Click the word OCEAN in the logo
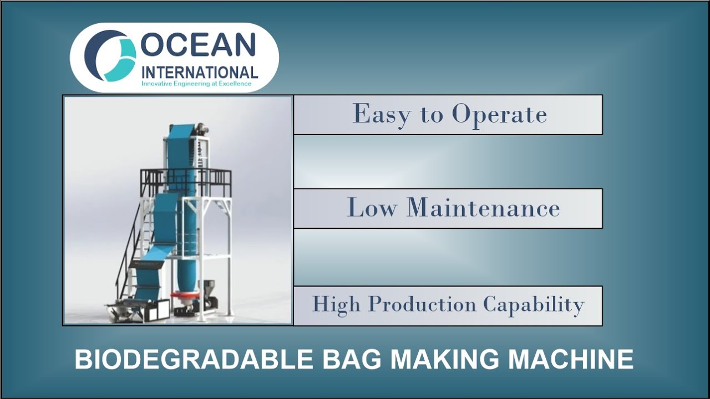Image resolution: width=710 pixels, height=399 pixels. pos(198,46)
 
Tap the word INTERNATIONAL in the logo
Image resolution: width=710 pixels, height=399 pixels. pos(200,73)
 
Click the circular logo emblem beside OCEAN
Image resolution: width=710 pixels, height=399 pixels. pos(110,56)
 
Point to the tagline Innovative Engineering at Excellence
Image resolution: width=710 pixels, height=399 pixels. pos(196,84)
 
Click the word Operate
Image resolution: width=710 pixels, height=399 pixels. pos(499,115)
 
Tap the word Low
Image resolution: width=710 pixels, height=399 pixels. pos(373,208)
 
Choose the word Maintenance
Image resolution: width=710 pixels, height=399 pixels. pos(483,208)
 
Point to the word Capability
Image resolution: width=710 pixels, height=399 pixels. pos(533,305)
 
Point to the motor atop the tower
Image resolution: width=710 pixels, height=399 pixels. pos(202,130)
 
